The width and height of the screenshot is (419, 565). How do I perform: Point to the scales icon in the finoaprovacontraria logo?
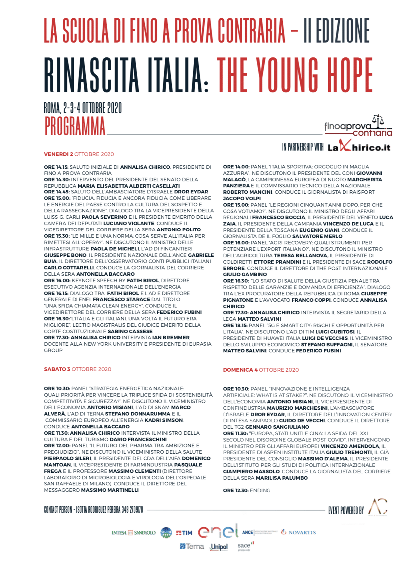pos(378,120)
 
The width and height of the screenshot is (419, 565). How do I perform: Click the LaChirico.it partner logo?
pos(359,147)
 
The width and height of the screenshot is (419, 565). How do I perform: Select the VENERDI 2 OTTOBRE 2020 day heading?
pos(79,154)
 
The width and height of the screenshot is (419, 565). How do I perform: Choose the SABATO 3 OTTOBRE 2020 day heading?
pos(78,369)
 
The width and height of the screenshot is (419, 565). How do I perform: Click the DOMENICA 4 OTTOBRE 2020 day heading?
pos(261,370)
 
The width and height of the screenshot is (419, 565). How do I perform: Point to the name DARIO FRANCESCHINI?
pos(138,439)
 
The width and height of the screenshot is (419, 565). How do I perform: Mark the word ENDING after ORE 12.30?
pos(260,490)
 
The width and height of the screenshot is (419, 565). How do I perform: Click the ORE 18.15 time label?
pos(235,325)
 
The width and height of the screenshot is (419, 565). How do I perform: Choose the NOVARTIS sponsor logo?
pos(299,533)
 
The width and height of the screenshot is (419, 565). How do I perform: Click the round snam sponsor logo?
pos(166,533)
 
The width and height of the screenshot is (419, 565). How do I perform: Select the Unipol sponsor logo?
pos(219,547)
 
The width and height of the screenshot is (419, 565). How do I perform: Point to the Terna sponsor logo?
pos(192,546)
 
